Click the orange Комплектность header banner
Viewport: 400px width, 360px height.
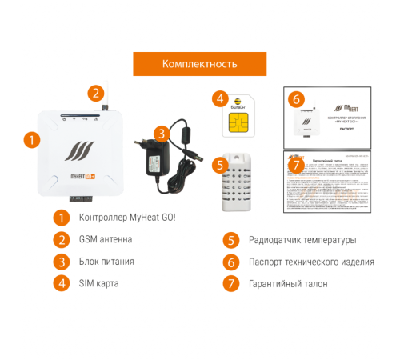tap(199, 64)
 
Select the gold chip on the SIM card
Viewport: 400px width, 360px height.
tap(237, 122)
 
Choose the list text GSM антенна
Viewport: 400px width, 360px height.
tap(106, 239)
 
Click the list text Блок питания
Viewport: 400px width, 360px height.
tap(107, 261)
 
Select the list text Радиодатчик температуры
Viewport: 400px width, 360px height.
tap(302, 239)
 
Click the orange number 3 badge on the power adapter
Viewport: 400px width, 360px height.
tap(162, 134)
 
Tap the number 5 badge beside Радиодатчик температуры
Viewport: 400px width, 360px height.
tap(230, 239)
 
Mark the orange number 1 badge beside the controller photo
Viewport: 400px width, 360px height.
tap(31, 139)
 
